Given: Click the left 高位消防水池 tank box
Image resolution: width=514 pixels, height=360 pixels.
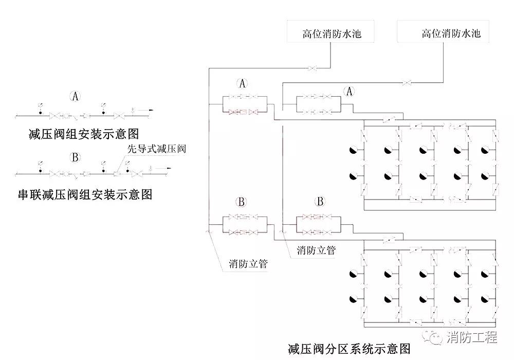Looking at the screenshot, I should (332, 34).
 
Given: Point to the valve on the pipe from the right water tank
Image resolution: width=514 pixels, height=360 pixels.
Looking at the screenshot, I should (406, 82).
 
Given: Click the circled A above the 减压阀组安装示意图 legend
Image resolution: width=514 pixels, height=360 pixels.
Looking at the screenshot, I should (76, 96).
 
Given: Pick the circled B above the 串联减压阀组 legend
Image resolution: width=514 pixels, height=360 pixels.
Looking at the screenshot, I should (75, 157).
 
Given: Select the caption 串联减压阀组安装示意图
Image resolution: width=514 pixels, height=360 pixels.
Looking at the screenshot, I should (85, 195).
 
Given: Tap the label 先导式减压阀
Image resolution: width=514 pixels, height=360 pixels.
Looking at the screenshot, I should (156, 149).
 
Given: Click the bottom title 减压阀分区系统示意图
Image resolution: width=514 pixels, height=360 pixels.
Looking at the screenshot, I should (349, 349).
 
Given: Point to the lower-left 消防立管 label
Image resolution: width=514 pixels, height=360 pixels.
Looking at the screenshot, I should (249, 264).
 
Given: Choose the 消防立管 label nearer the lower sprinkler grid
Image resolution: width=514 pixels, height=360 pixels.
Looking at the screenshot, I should (316, 250).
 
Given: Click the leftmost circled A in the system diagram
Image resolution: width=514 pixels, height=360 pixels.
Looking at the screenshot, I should (243, 83).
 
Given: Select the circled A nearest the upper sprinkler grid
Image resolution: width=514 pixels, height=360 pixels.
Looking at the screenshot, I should (350, 91).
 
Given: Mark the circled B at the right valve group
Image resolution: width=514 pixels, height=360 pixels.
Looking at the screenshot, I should (320, 201).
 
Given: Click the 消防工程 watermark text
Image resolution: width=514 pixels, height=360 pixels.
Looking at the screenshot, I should (472, 338).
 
